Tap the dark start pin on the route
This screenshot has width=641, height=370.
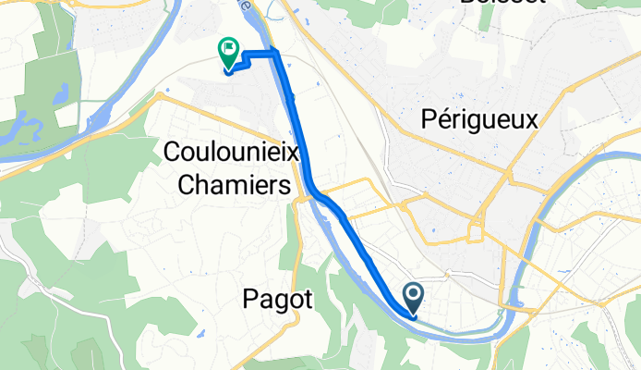[x=414, y=297]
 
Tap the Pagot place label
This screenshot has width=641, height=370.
[x=279, y=299]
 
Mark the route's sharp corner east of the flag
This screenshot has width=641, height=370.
[x=275, y=55]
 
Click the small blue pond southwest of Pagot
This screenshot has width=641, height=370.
[x=200, y=330]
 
